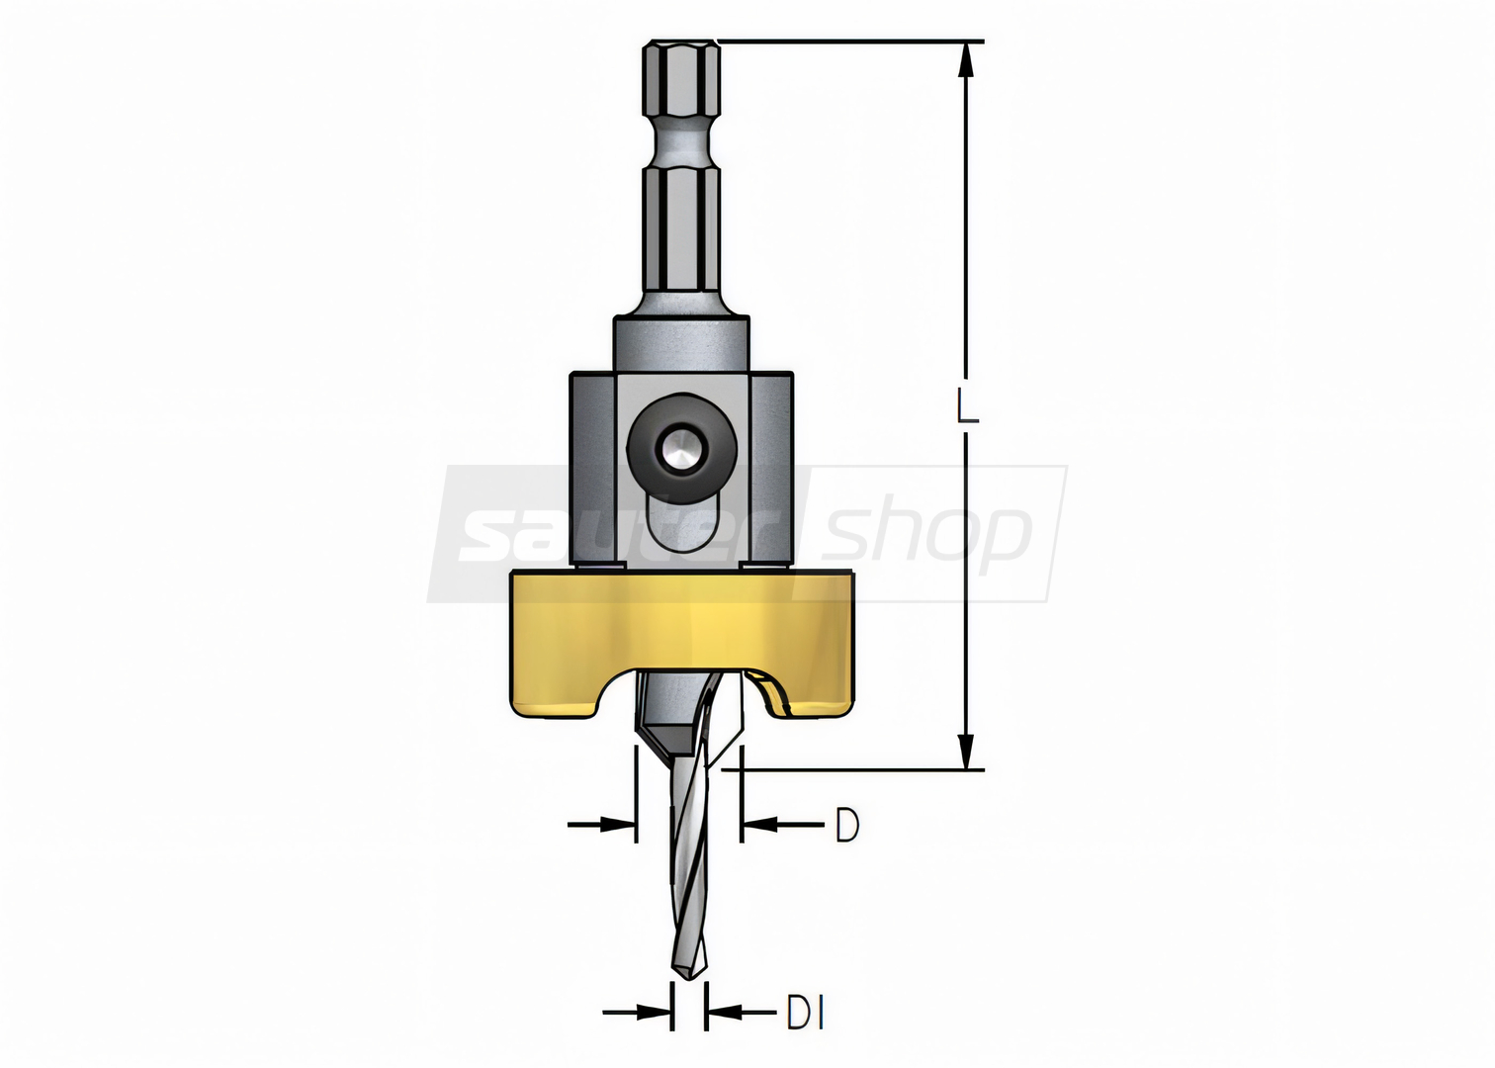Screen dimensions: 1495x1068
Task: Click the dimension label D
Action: (x=847, y=826)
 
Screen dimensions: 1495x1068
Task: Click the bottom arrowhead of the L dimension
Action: (x=966, y=752)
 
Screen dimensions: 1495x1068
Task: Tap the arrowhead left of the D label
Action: (x=758, y=826)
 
